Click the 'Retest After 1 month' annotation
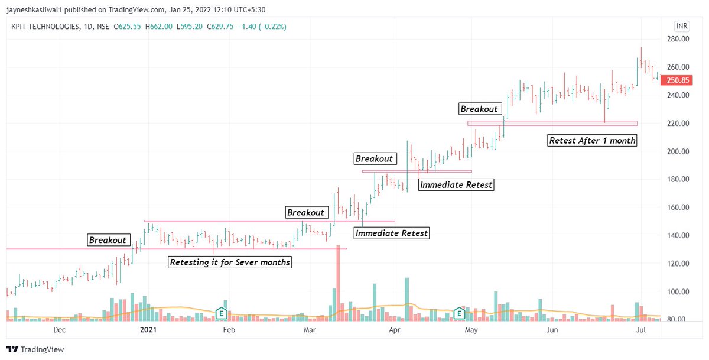click(592, 141)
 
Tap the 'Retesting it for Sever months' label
click(230, 262)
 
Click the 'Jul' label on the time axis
click(639, 330)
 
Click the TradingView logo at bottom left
click(35, 349)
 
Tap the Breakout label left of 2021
click(108, 240)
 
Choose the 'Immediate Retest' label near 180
click(456, 185)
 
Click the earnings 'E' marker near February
click(222, 313)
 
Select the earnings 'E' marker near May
click(459, 313)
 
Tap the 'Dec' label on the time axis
click(59, 330)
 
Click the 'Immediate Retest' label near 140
click(391, 233)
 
